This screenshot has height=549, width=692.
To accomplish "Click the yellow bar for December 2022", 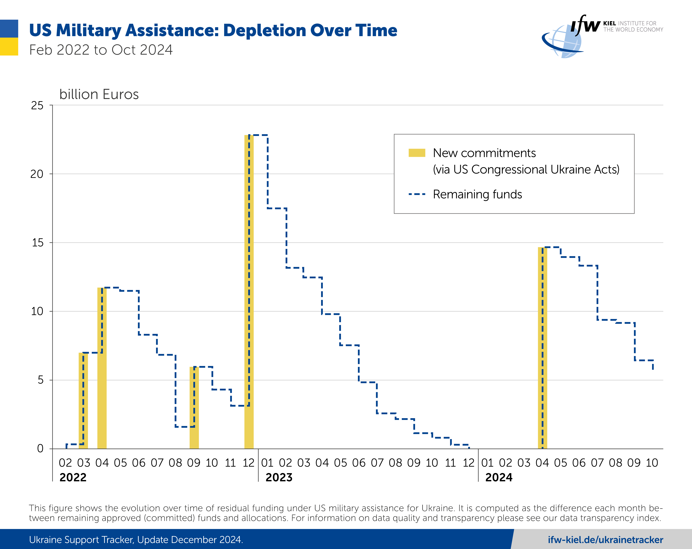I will coord(249,292).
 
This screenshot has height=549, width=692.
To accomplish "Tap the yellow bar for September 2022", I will coord(194,408).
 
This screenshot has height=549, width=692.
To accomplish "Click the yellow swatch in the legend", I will coord(417,153).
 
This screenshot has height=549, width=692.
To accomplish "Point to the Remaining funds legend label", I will coord(477,194).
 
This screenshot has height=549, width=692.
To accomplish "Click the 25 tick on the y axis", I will coord(37,106).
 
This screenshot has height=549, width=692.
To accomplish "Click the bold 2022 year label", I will coord(73,477).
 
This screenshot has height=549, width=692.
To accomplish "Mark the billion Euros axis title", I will coord(99,94).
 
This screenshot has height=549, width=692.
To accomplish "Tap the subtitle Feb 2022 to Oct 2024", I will coord(101,50).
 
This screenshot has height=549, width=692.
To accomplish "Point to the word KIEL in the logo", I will coord(610,23).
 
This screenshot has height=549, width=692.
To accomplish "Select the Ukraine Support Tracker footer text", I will coord(136,540).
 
